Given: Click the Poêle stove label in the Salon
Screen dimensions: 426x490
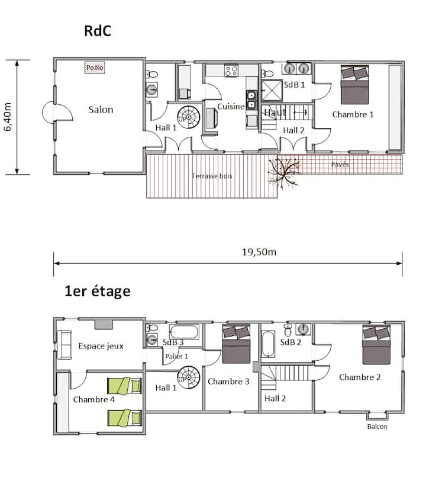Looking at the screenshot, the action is [95, 68].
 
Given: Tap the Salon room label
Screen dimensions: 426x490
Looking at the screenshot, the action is [101, 110].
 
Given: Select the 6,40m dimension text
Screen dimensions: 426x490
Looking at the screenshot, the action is [8, 117].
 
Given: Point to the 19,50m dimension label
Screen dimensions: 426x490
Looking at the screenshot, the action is [259, 252].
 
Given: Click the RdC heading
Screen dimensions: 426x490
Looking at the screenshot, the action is [98, 31].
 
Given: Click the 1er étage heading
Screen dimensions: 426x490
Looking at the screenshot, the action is [98, 292].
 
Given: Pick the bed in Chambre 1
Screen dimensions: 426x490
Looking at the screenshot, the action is [354, 85].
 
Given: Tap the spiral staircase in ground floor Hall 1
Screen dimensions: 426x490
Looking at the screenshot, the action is [189, 117].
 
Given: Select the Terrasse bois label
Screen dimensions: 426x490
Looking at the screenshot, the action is [212, 176].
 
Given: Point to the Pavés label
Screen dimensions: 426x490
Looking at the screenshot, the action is [340, 164].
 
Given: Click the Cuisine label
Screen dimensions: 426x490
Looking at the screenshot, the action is [231, 107].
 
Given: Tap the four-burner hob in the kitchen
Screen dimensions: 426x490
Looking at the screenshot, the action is [231, 71].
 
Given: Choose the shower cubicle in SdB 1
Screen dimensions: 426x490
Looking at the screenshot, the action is [272, 91].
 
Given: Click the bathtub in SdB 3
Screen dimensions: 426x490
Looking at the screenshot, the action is [184, 332].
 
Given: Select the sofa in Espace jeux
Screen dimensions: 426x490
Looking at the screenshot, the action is [64, 345].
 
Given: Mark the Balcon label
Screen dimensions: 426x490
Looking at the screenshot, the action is [377, 427].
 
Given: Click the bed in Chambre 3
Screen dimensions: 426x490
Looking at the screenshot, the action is [236, 344].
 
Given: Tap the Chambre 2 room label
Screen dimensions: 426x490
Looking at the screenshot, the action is [360, 377].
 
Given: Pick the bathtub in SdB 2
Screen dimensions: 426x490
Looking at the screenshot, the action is [268, 344].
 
